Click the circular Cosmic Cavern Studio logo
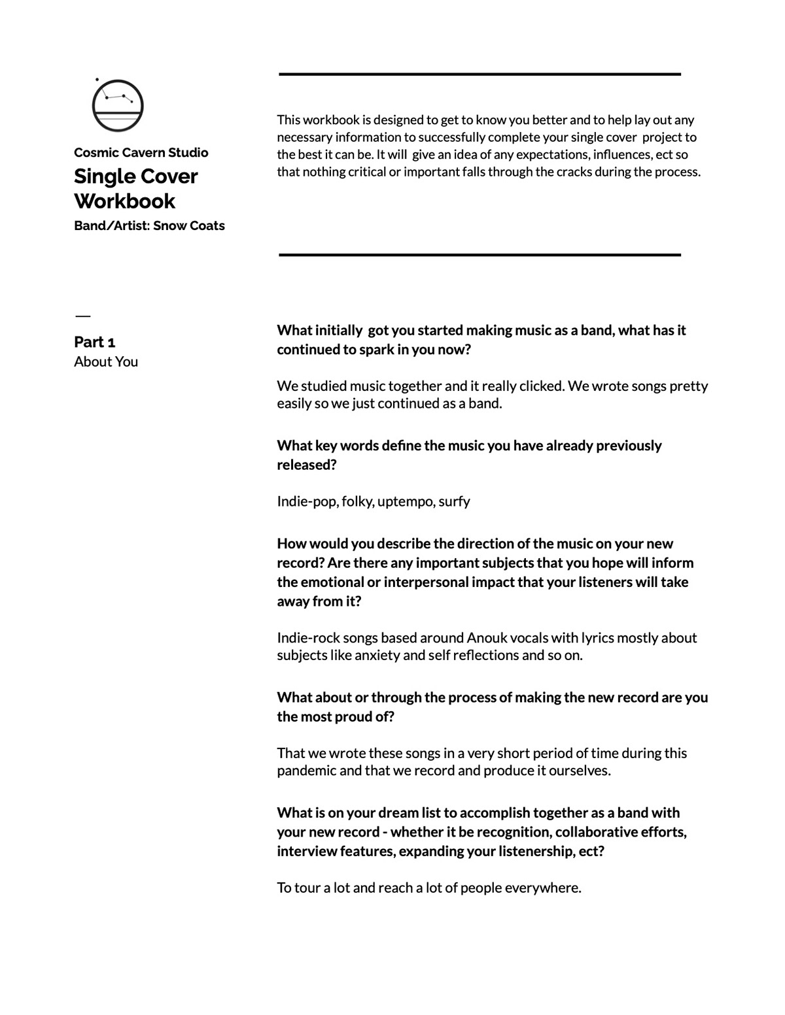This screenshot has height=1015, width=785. pos(117,106)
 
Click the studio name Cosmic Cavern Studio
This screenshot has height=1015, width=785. pos(141,152)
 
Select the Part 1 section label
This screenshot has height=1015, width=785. pos(95,342)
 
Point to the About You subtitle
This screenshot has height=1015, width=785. pos(106,361)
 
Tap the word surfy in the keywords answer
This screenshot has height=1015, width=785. pos(454,501)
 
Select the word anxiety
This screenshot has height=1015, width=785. pos(377,655)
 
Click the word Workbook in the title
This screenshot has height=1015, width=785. pos(124,201)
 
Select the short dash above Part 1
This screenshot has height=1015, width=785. pos(82,316)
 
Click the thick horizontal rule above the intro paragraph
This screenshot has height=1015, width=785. pos(480,75)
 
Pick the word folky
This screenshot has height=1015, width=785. pos(357,501)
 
